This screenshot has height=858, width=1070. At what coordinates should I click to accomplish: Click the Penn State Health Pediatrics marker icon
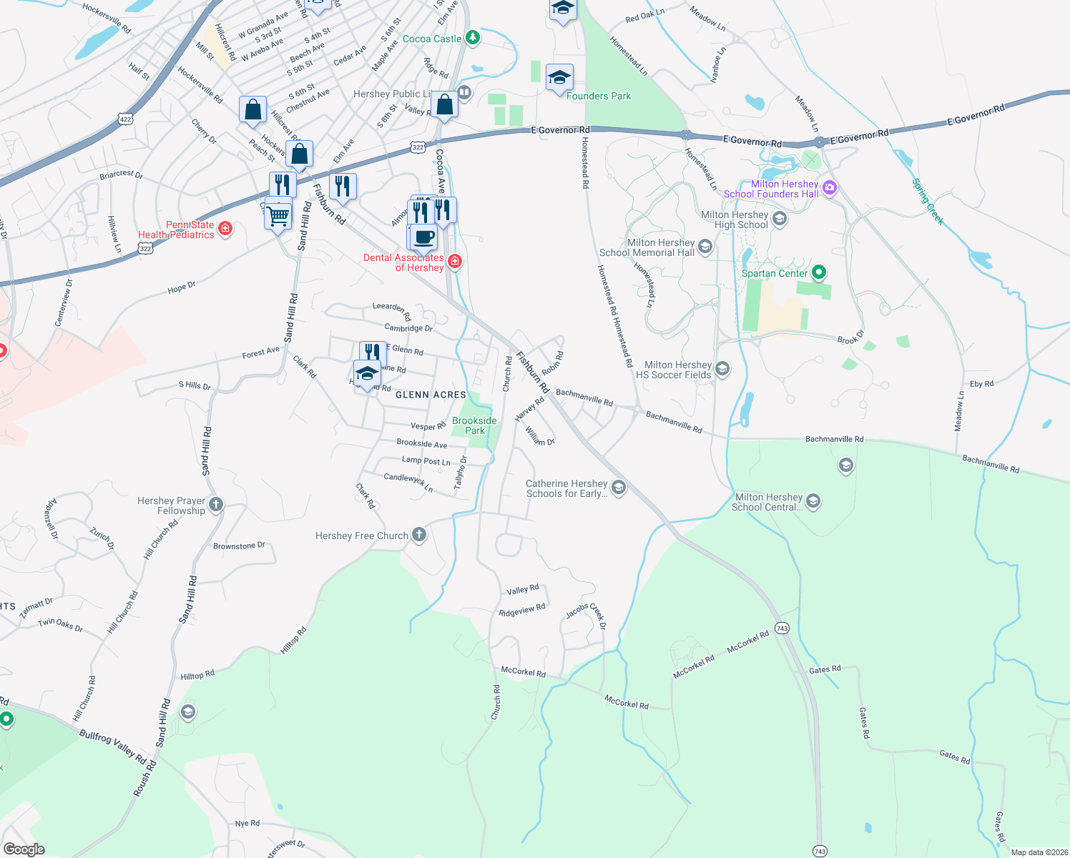tap(225, 229)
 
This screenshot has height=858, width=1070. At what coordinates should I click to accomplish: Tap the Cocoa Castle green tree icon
tap(472, 38)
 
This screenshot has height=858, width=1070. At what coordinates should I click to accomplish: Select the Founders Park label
tap(599, 97)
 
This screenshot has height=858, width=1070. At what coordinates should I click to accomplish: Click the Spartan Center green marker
tap(820, 272)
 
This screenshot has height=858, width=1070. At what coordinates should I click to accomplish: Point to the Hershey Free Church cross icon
tap(419, 535)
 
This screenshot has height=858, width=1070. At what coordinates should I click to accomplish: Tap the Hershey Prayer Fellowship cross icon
tap(216, 505)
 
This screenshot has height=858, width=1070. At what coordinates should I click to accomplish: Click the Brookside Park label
tap(474, 425)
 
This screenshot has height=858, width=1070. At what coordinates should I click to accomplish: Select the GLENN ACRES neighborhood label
tap(431, 395)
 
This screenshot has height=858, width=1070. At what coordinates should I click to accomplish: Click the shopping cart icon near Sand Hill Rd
tap(278, 214)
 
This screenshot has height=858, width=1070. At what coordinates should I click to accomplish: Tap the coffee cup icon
tap(423, 237)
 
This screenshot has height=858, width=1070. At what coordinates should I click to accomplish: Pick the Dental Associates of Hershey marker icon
tap(455, 262)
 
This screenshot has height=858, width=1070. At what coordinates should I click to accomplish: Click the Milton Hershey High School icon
tap(780, 219)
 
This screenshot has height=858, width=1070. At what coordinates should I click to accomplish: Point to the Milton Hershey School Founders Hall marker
tap(830, 188)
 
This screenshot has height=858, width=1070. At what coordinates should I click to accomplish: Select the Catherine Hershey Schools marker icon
tap(619, 488)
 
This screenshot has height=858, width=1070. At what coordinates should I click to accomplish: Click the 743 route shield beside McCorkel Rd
tap(782, 628)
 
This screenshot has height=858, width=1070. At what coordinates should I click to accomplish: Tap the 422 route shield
tap(126, 119)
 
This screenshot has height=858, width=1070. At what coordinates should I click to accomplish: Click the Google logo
tap(24, 849)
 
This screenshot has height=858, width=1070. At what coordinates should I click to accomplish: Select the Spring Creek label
tap(928, 202)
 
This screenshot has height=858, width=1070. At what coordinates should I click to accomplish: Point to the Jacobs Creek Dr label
tap(586, 616)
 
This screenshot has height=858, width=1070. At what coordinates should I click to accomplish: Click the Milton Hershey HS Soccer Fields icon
tap(722, 369)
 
